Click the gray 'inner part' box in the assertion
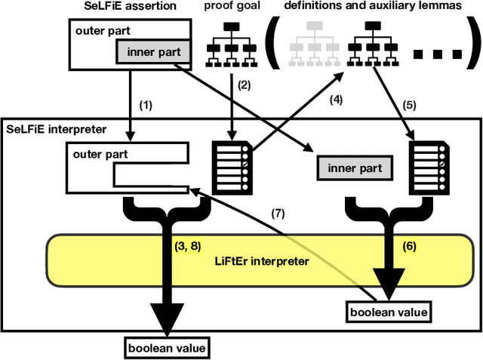coord(152,52)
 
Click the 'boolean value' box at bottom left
coord(166,346)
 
